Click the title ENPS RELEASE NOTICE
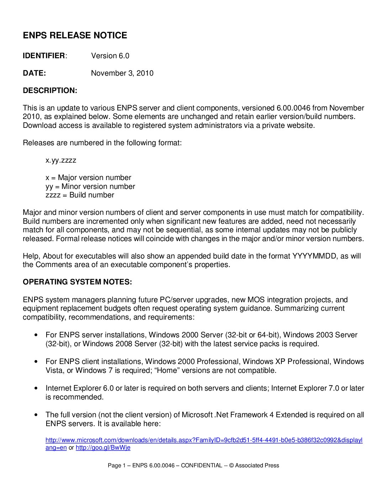(x=75, y=36)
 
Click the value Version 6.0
(x=110, y=56)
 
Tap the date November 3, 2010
(x=122, y=73)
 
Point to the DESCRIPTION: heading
(x=50, y=91)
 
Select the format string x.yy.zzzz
(x=61, y=160)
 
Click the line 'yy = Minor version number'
(x=90, y=186)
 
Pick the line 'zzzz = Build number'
(x=80, y=195)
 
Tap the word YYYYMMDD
(x=314, y=256)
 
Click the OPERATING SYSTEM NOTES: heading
(x=77, y=282)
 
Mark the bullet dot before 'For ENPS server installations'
(x=36, y=335)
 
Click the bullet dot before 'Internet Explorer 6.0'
(x=36, y=388)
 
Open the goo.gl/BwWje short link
(x=103, y=448)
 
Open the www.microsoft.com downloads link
(x=204, y=440)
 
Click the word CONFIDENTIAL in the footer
(x=201, y=466)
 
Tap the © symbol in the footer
(x=231, y=466)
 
